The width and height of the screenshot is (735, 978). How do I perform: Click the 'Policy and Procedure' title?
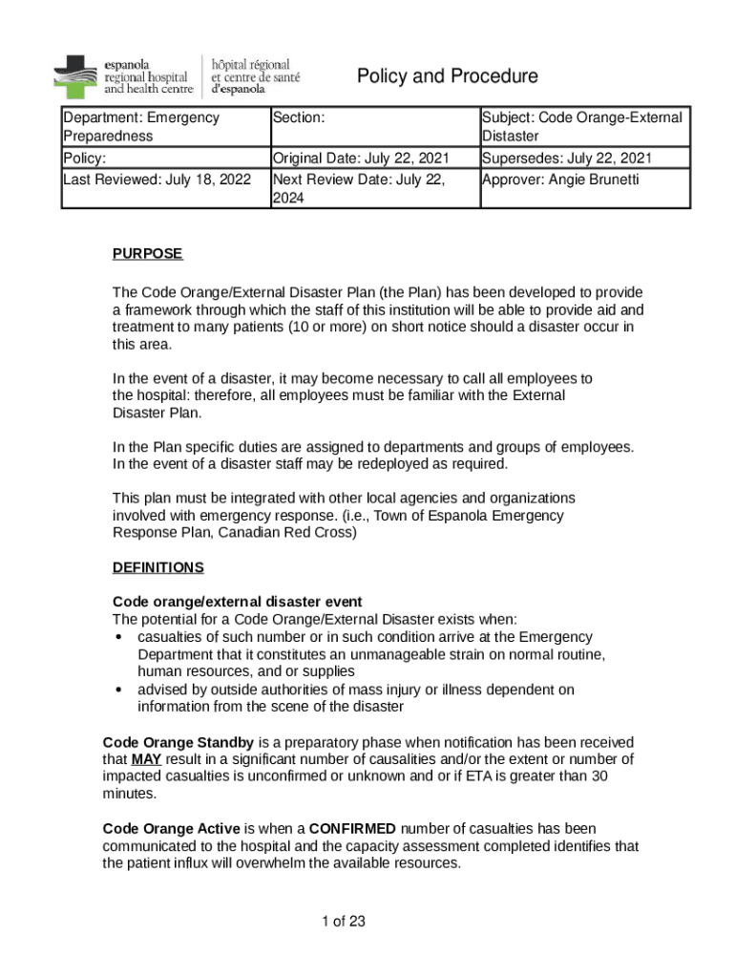coord(447,76)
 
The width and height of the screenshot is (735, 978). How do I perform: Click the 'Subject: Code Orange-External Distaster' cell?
coord(582,127)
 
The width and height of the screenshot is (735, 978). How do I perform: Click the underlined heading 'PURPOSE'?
coord(147,254)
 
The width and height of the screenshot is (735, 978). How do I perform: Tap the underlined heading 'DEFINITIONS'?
coord(157,567)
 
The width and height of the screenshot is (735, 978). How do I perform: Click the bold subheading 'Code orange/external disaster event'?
coord(237,602)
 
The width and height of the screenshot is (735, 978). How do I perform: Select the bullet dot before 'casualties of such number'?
coord(117,637)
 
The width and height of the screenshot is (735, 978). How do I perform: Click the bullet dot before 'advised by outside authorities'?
coord(117,691)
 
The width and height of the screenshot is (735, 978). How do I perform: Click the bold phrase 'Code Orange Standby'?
coord(178,742)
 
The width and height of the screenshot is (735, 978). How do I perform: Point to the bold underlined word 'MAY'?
coord(145,759)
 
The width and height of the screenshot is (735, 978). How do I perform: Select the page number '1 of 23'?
coord(344,922)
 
